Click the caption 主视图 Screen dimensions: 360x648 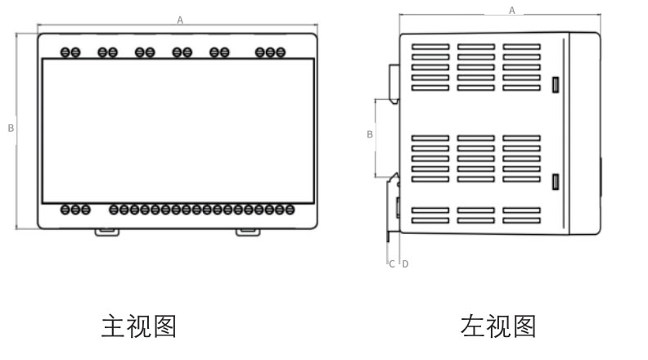(x=138, y=326)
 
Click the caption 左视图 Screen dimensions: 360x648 (x=498, y=326)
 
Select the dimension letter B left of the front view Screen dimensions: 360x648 (x=11, y=128)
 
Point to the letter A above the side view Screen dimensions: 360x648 (x=512, y=10)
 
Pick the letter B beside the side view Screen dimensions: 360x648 (x=370, y=133)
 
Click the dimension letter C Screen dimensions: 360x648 (x=392, y=263)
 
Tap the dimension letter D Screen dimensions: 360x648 (x=405, y=263)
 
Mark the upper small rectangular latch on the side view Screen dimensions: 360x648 (x=556, y=84)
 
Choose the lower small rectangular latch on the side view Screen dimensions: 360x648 (x=556, y=182)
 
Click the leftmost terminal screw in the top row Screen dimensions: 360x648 (x=65, y=52)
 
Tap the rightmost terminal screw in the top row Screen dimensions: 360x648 (x=281, y=52)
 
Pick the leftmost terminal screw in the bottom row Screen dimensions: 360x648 (x=65, y=209)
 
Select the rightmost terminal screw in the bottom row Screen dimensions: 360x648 (x=290, y=209)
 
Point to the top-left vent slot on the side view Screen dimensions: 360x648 (x=430, y=47)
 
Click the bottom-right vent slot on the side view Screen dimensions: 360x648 (x=521, y=220)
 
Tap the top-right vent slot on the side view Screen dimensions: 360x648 (x=521, y=47)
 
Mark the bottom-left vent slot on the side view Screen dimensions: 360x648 (x=430, y=220)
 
